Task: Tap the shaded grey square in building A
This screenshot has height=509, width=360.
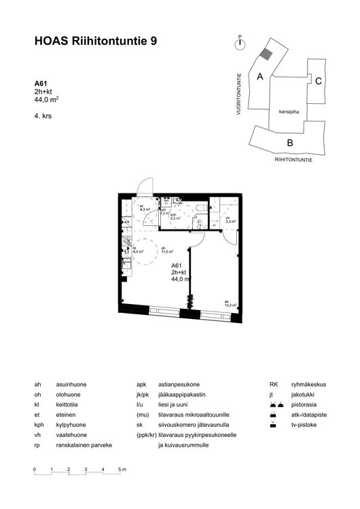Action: click(268, 54)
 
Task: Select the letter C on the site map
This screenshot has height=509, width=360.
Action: click(318, 80)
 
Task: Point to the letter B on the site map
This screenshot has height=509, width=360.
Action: click(289, 143)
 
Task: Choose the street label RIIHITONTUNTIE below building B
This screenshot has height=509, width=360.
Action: click(293, 159)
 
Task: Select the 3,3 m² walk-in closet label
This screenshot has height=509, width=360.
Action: click(230, 221)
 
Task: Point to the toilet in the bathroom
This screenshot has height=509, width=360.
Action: click(202, 206)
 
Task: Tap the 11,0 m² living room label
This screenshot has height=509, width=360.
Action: click(164, 251)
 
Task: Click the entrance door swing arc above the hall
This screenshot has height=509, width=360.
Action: click(145, 185)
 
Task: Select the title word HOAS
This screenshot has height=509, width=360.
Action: click(50, 41)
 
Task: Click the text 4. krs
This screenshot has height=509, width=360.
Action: click(43, 116)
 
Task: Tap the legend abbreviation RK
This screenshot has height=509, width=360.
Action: click(274, 385)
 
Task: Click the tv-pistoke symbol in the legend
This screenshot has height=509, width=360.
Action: click(273, 426)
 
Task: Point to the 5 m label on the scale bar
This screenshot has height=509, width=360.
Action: click(122, 470)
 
